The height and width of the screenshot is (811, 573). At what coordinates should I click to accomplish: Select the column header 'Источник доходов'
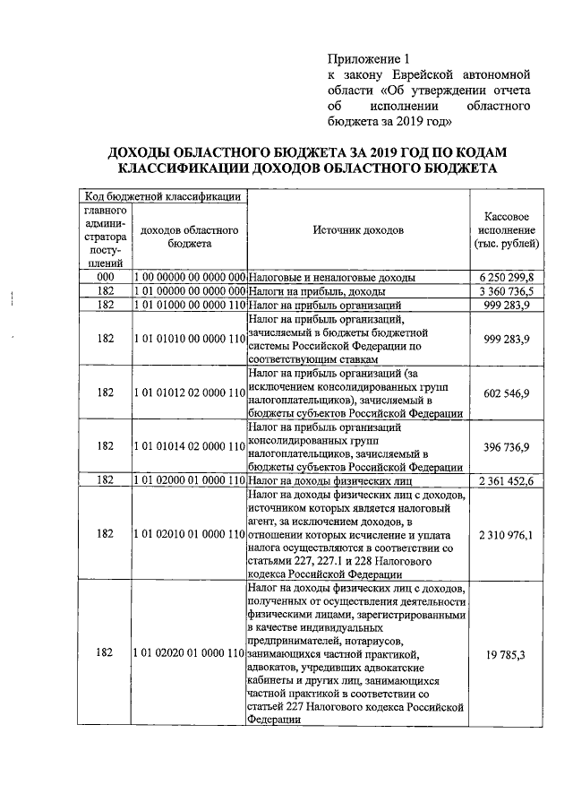357,230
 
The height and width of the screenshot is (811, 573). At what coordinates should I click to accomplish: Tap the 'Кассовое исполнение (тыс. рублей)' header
510,230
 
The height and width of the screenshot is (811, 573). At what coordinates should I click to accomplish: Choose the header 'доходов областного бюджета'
189,237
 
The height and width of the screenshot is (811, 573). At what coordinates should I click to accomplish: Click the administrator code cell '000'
106,278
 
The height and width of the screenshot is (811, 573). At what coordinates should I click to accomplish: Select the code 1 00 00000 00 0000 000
189,278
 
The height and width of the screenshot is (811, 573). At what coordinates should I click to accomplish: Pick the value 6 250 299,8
506,278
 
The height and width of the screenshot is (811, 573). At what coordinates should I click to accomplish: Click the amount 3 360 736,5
506,291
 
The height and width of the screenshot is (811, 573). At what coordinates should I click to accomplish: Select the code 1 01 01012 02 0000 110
189,393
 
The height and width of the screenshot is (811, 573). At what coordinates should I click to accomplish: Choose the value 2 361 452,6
506,481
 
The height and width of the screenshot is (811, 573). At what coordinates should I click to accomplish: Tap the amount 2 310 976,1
506,534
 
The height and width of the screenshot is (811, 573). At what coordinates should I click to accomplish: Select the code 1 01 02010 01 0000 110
189,534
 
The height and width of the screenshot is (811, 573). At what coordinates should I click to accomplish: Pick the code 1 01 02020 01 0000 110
189,654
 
